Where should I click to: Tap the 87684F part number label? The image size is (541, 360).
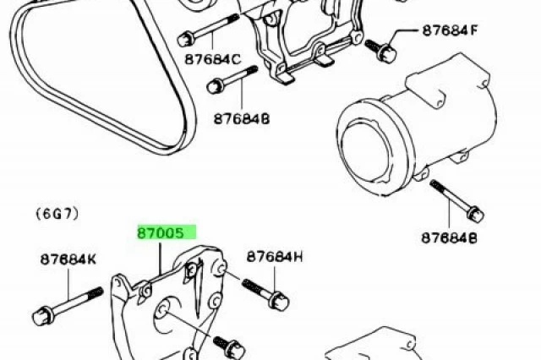[x=451, y=31]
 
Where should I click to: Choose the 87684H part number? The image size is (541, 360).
[x=274, y=256]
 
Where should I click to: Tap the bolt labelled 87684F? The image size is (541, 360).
[x=385, y=52]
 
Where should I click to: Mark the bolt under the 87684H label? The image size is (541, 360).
[x=266, y=292]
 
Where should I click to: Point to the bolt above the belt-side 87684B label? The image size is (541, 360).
[x=230, y=83]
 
